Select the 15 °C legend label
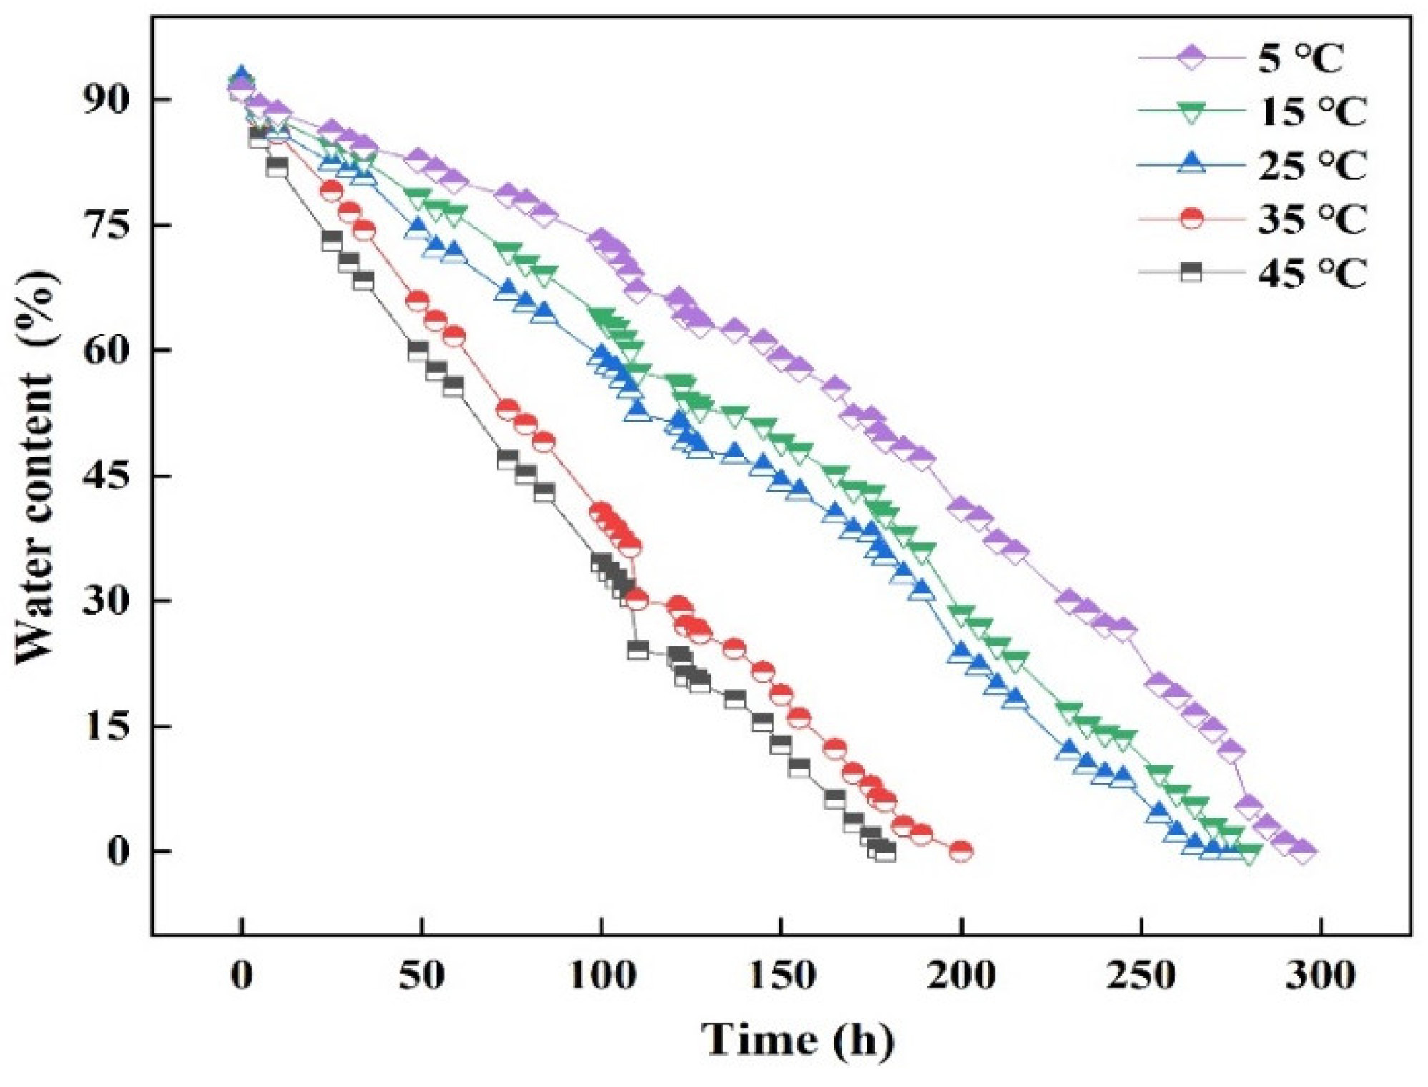(1311, 111)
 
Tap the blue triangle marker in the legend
(1191, 164)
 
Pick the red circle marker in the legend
(1191, 217)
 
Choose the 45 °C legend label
(1311, 272)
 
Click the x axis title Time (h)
(797, 1039)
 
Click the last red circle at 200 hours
(961, 850)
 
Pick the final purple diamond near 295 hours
(1303, 850)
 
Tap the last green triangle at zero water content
(1249, 853)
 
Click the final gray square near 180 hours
(885, 851)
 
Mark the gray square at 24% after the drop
(637, 650)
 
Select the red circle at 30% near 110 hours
(636, 600)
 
